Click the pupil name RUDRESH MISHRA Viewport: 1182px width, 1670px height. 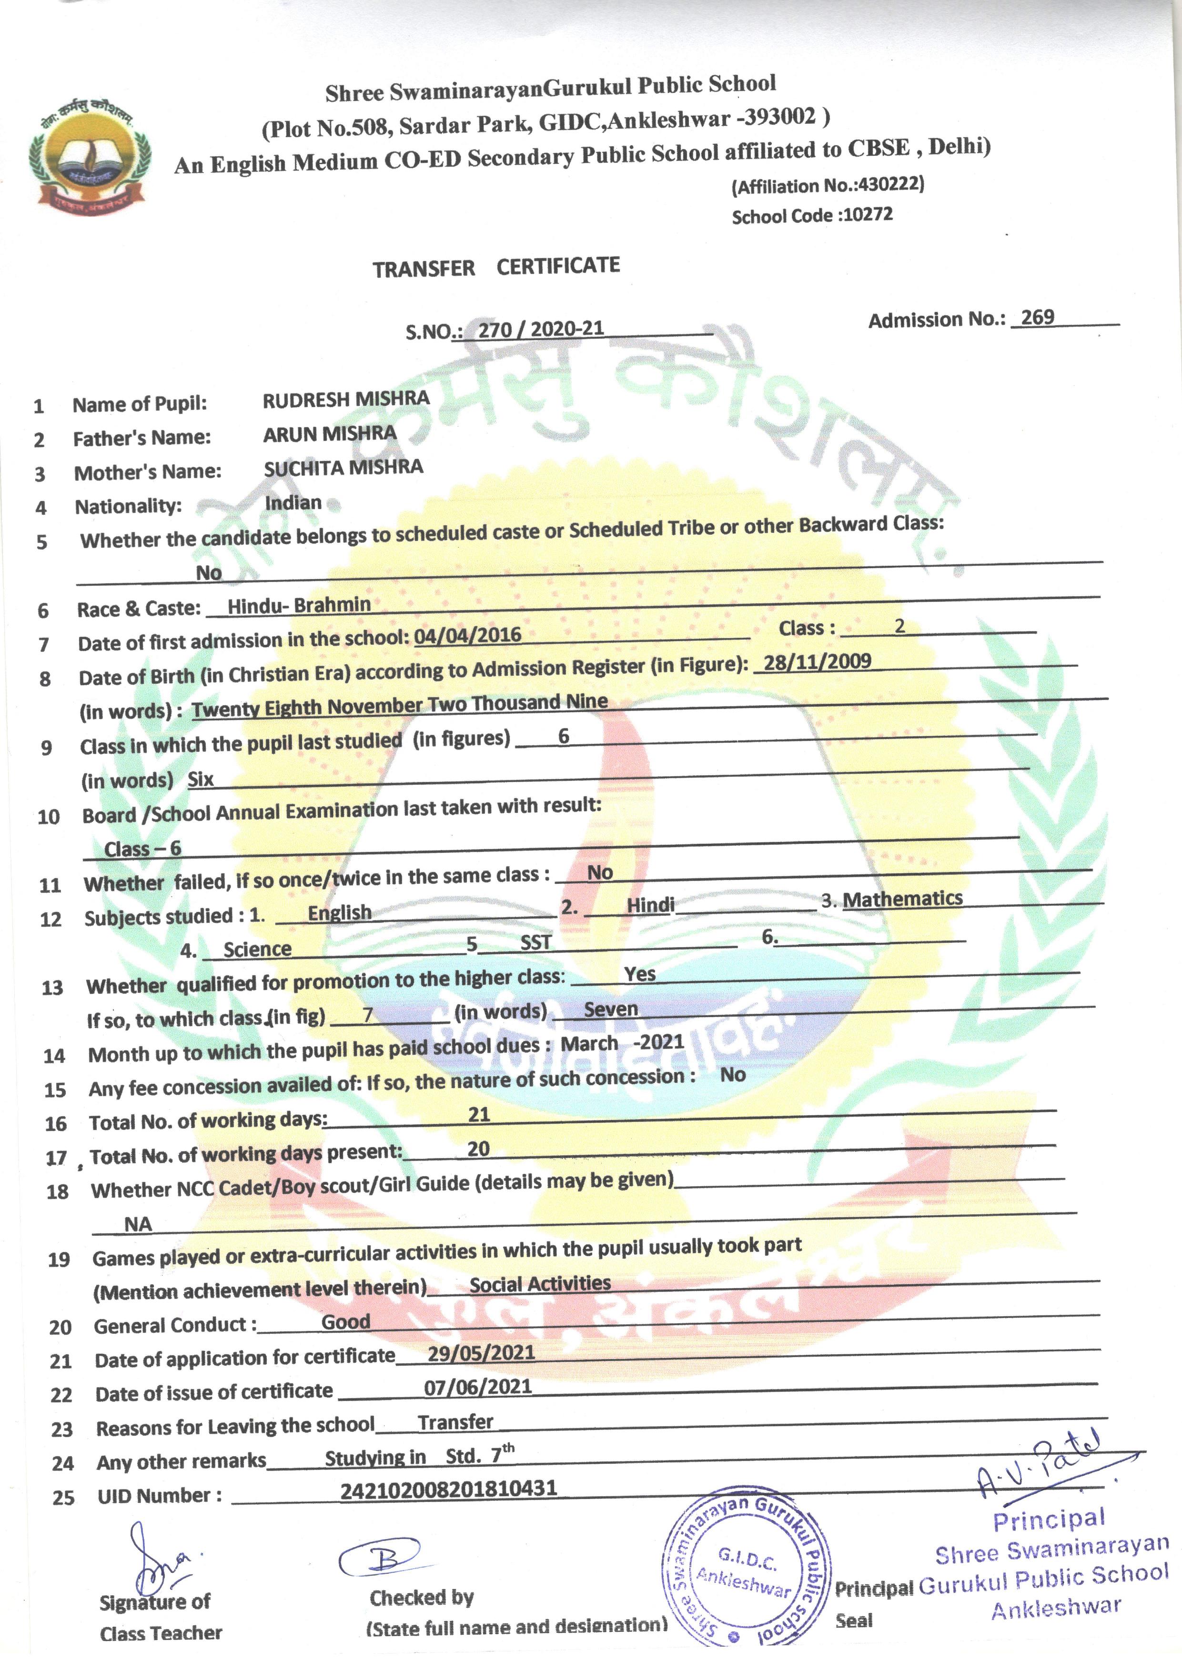pos(346,400)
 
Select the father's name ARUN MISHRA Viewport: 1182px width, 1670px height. pos(330,434)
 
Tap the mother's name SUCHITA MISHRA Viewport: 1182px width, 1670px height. pos(343,468)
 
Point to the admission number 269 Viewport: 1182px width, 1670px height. pos(1037,317)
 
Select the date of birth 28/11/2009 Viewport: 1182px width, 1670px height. pos(817,661)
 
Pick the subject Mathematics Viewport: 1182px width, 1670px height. pos(902,899)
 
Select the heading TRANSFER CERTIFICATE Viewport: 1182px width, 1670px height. pos(496,268)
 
